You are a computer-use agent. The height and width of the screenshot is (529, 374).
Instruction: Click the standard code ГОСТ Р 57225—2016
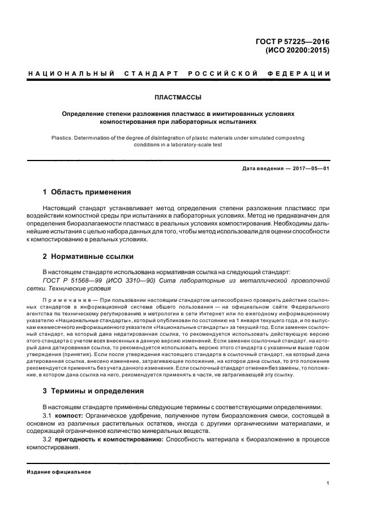pyautogui.click(x=293, y=41)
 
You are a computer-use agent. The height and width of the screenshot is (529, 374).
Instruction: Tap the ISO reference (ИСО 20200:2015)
pyautogui.click(x=297, y=50)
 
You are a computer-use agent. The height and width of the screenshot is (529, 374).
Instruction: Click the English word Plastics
pyautogui.click(x=62, y=137)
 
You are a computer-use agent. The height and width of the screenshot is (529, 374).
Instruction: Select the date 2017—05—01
pyautogui.click(x=311, y=168)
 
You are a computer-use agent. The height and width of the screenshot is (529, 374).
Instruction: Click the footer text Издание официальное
pyautogui.click(x=59, y=472)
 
